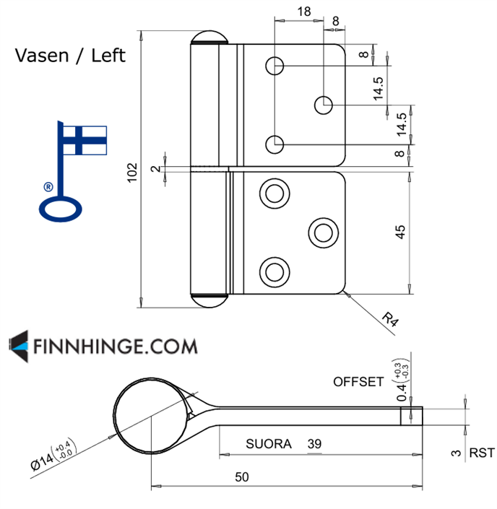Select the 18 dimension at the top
click(303, 11)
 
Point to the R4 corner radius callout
click(390, 318)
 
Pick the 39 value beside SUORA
click(314, 443)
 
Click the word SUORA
click(269, 444)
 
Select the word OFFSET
click(358, 381)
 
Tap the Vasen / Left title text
click(70, 56)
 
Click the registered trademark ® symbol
click(48, 186)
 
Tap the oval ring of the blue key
click(62, 209)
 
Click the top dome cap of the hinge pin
click(210, 38)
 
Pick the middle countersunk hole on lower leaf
click(322, 232)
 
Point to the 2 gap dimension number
click(155, 168)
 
